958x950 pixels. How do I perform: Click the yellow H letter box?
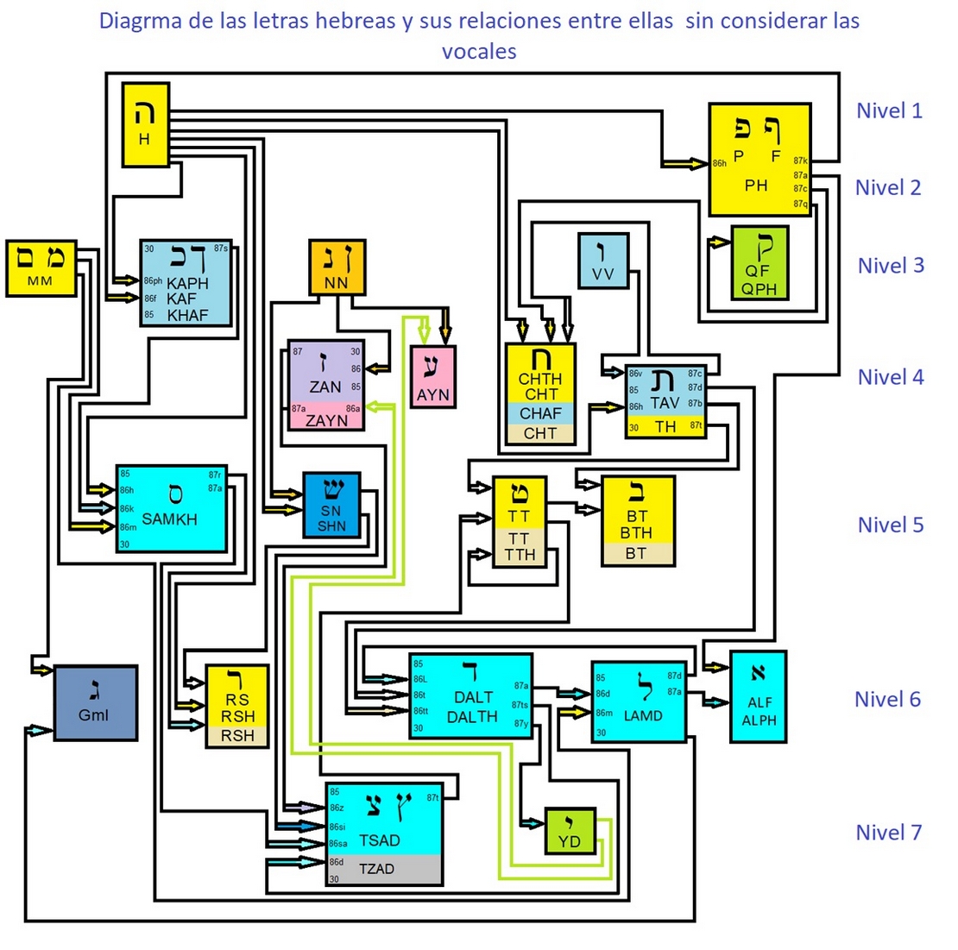pyautogui.click(x=145, y=124)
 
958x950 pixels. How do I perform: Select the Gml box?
pyautogui.click(x=95, y=702)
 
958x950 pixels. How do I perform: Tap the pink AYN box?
pyautogui.click(x=432, y=377)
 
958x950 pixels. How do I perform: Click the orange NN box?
pyautogui.click(x=337, y=267)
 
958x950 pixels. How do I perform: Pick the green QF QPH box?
pyautogui.click(x=759, y=262)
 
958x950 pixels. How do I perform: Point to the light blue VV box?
pyautogui.click(x=603, y=260)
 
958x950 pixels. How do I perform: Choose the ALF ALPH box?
pyautogui.click(x=759, y=696)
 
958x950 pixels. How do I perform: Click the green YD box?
pyautogui.click(x=570, y=832)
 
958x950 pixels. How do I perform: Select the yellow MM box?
pyautogui.click(x=41, y=268)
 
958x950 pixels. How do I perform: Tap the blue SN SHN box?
pyautogui.click(x=331, y=505)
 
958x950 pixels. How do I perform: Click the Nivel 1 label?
pyautogui.click(x=889, y=110)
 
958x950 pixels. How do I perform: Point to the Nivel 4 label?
pyautogui.click(x=891, y=377)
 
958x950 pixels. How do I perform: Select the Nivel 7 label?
pyautogui.click(x=889, y=833)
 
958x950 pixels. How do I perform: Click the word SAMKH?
pyautogui.click(x=169, y=519)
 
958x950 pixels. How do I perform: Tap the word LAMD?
pyautogui.click(x=643, y=715)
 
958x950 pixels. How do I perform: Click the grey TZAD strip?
pyautogui.click(x=384, y=869)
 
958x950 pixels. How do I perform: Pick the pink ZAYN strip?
pyautogui.click(x=326, y=420)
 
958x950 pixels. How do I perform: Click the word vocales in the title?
pyautogui.click(x=479, y=51)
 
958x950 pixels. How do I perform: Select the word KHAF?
pyautogui.click(x=187, y=316)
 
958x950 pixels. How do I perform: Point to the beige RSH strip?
pyautogui.click(x=237, y=736)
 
